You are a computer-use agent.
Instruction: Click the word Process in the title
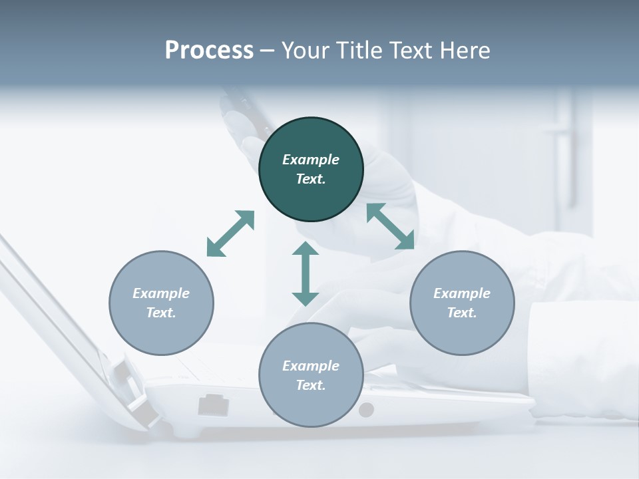pos(209,51)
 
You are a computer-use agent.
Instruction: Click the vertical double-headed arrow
pos(306,273)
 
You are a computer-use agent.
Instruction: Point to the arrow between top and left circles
pos(231,234)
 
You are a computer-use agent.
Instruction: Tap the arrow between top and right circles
pos(391,226)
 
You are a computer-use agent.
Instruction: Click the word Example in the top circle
pos(311,160)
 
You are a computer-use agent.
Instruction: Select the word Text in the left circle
pos(161,313)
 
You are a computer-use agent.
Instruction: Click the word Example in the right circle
pos(462,293)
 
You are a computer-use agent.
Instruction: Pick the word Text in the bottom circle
pos(311,385)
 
